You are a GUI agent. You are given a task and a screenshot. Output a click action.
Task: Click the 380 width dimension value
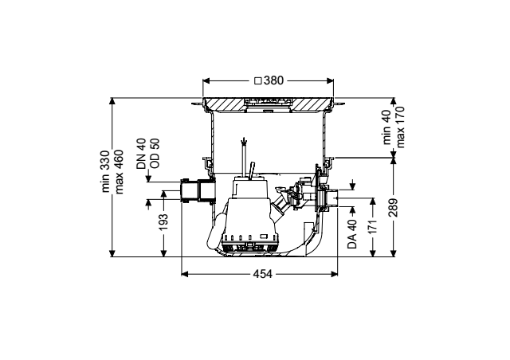coord(273,80)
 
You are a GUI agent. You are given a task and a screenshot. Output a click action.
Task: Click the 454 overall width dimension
coord(262,274)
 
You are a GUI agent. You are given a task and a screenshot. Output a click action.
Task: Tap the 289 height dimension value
coord(393,208)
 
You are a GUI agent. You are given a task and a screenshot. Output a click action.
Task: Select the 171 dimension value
coord(373,227)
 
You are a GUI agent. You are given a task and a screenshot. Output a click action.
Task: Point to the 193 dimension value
coord(163,221)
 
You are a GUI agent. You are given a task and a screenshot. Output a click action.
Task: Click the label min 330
coord(106,171)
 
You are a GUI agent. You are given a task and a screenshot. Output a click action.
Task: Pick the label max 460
coord(119,172)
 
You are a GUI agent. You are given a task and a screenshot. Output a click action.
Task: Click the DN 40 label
coord(142,154)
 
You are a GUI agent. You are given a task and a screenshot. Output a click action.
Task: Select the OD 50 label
coord(155,153)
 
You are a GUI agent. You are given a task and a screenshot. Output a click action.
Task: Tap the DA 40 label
coord(352,234)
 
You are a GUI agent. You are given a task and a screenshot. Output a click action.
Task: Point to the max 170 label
coord(400,127)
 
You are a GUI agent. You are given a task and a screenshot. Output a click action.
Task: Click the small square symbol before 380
coord(257,80)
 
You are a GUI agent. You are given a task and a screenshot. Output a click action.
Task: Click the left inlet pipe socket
coord(198,190)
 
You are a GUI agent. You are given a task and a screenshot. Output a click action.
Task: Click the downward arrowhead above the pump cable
coord(244,142)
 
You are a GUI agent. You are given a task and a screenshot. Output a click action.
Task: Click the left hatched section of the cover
coord(225,104)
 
